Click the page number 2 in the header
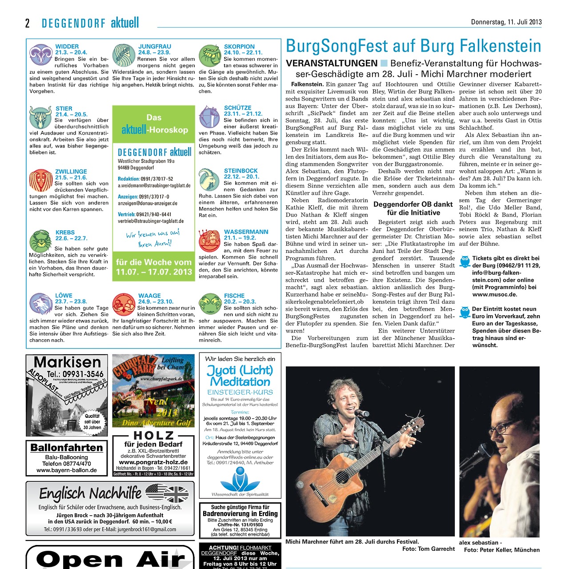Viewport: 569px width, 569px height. click(28, 23)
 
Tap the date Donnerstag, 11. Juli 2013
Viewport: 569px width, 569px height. click(506, 22)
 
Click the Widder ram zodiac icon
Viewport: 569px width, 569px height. click(40, 55)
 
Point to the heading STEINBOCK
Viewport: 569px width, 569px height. click(240, 171)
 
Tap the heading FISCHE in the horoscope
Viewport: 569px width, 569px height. click(234, 296)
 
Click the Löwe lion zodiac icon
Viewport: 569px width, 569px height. click(40, 304)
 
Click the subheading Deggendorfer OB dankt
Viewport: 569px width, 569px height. click(413, 204)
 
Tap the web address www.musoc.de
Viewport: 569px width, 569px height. click(494, 294)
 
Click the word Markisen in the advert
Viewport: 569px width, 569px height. click(67, 362)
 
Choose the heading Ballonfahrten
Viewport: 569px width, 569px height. click(67, 448)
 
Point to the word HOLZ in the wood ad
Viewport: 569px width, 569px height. click(154, 436)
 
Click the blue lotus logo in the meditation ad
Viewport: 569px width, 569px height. click(240, 479)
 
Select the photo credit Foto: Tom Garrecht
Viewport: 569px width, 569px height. click(428, 549)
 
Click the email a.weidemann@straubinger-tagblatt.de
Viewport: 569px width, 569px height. click(154, 185)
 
